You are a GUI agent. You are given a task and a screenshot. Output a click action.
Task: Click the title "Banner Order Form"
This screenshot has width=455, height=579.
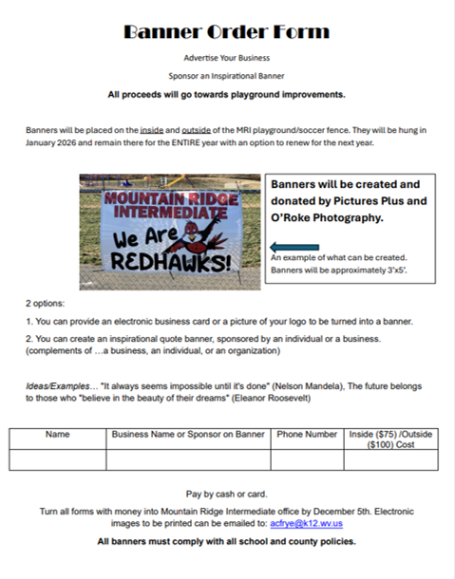[226, 31]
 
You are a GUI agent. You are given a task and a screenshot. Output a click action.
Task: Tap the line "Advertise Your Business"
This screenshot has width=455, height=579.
[226, 58]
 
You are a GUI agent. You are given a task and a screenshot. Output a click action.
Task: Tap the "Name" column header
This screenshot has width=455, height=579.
[58, 435]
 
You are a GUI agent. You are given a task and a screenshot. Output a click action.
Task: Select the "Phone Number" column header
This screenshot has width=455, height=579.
[307, 435]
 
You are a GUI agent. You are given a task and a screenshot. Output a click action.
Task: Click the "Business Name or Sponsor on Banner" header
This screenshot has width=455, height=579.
[188, 435]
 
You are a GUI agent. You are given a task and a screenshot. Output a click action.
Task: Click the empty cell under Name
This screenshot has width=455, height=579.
[58, 460]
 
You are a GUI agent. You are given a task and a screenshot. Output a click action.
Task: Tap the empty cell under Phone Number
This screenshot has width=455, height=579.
[307, 460]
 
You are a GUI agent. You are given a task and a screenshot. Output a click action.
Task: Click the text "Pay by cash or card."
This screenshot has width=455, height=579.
[226, 494]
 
